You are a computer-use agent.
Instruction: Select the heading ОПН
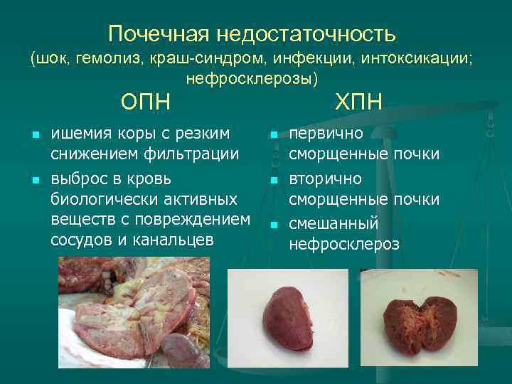pos(146,102)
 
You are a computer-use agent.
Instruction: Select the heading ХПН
pos(359,102)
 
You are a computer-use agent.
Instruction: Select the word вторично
pos(325,178)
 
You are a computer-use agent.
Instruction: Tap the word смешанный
pos(334,223)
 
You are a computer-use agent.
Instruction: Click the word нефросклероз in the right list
pos(344,244)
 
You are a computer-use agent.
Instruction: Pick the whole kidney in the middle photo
pos(292,319)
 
